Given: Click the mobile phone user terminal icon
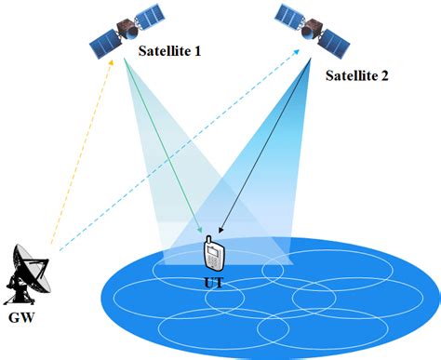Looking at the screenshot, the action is tap(214, 252).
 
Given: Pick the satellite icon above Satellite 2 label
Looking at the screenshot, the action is tap(312, 27).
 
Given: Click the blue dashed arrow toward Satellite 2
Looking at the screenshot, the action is tap(177, 153).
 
